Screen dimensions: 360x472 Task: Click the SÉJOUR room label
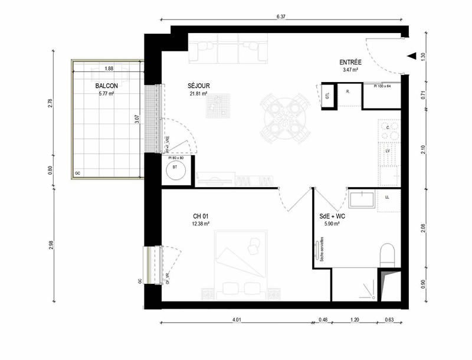tap(199, 86)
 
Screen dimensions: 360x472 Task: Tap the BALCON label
tap(107, 86)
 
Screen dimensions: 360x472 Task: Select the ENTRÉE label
tap(351, 62)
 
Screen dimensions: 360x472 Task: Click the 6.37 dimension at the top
tap(280, 17)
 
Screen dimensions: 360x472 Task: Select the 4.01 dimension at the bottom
tap(236, 320)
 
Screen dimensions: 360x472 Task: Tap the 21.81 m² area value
tap(199, 93)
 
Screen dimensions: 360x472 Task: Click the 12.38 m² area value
tap(201, 224)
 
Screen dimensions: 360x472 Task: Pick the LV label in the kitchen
tap(388, 151)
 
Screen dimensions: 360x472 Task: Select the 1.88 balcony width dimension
tap(109, 68)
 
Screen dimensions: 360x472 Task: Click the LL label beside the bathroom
tap(388, 197)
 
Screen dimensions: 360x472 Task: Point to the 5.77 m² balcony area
tap(107, 93)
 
